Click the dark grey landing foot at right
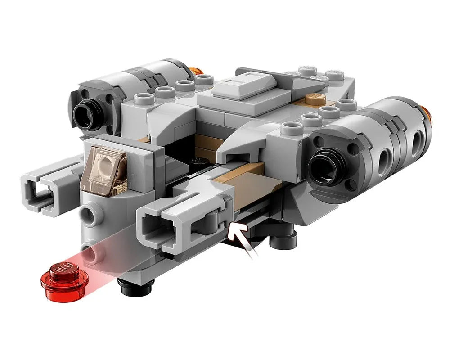coord(285,241)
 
